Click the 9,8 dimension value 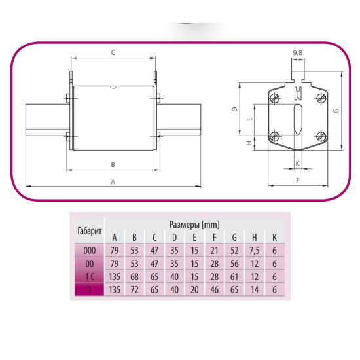coord(298,53)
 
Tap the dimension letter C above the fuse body coord(113,52)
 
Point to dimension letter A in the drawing coord(113,182)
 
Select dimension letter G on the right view coord(336,111)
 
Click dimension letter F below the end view coord(298,181)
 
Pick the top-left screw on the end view coord(274,98)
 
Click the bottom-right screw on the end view coord(321,136)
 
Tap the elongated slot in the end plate coord(298,119)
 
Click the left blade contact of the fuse coord(48,120)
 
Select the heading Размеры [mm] coord(194,225)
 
